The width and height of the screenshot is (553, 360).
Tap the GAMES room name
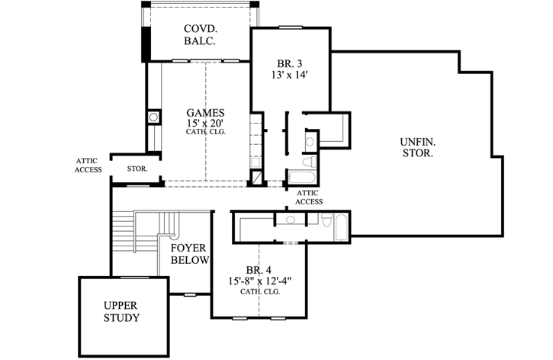pos(206,112)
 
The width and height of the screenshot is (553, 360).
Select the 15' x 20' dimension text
pos(206,122)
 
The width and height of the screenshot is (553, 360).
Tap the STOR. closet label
pos(137,168)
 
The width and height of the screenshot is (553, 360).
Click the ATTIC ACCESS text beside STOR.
pos(88,165)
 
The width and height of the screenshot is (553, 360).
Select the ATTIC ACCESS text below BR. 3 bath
pos(309,198)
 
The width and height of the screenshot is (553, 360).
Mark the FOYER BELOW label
pos(189,254)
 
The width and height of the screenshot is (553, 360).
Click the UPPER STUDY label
pos(121,310)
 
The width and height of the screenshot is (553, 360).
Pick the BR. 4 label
pos(259,271)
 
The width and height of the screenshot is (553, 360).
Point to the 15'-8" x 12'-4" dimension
pos(259,281)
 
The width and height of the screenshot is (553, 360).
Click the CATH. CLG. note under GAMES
pos(206,132)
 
